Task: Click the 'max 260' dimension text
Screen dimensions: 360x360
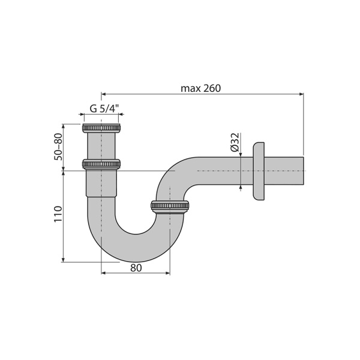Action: point(200,88)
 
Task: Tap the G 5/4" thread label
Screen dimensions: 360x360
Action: point(104,109)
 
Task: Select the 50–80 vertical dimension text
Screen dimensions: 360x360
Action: point(58,146)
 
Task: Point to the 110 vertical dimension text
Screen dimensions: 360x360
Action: point(58,214)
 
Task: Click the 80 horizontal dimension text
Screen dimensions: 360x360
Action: point(136,268)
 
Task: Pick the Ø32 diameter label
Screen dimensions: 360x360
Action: point(235,142)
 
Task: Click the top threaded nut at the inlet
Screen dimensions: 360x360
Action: point(101,128)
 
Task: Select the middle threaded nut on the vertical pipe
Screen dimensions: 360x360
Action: point(101,164)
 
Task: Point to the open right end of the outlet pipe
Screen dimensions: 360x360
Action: point(302,172)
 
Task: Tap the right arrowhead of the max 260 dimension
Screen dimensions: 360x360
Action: point(301,94)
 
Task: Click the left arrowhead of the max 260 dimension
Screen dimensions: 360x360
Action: point(104,94)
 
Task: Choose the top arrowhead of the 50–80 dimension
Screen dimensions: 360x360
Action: point(63,127)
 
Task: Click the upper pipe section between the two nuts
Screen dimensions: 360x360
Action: point(101,146)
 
